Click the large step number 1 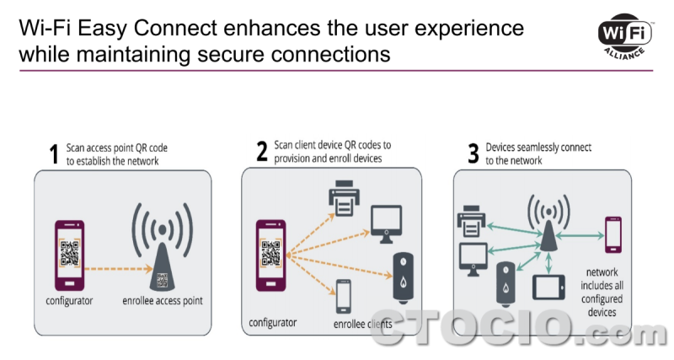click(55, 154)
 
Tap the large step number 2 click(262, 152)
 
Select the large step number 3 click(473, 153)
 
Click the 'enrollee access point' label click(163, 300)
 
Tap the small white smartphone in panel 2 click(343, 295)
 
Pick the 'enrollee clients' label click(363, 323)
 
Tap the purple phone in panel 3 click(612, 236)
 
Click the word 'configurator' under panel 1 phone click(69, 300)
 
